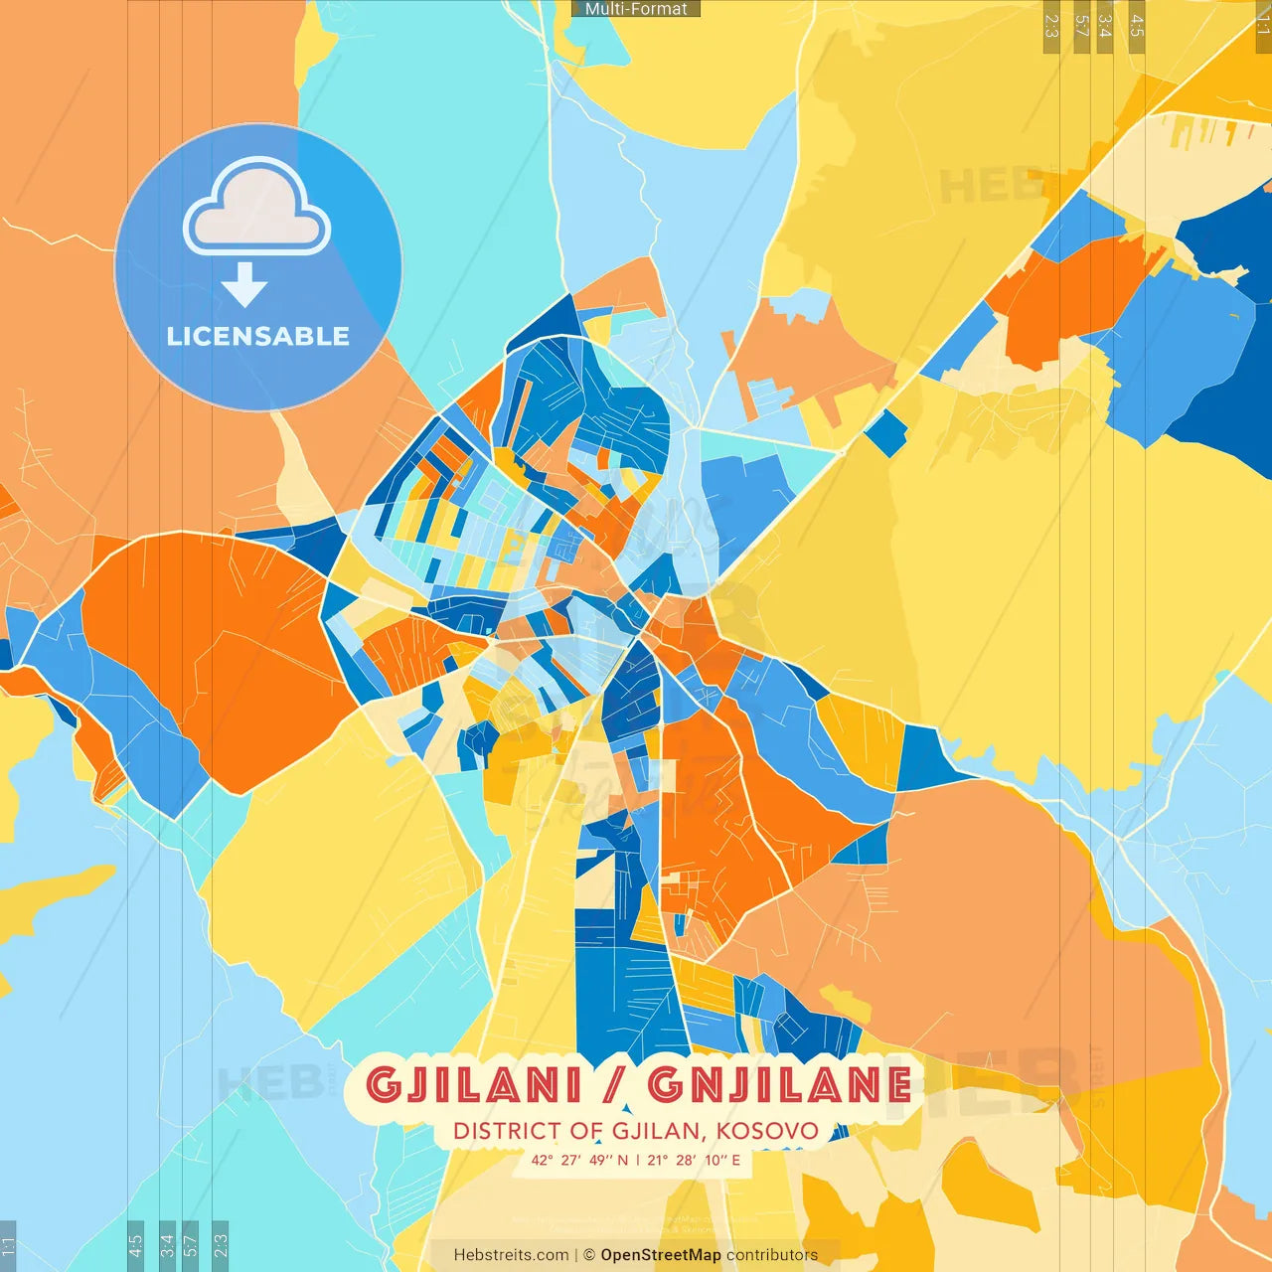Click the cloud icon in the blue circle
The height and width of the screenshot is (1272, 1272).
tap(256, 208)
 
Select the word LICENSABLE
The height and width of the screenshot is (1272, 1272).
tap(258, 337)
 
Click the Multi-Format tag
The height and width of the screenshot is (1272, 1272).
tap(636, 9)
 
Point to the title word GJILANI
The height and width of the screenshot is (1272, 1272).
tap(474, 1085)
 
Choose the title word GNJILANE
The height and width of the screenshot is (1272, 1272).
tap(779, 1085)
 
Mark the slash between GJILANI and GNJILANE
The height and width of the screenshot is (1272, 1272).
tap(615, 1085)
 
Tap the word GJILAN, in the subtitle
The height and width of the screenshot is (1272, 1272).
tap(657, 1131)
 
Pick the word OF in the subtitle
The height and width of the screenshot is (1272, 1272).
tap(586, 1131)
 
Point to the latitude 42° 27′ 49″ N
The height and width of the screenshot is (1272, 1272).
tap(579, 1160)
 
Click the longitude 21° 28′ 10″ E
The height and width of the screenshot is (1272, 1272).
tap(694, 1160)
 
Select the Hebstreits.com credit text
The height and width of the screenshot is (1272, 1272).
tap(511, 1255)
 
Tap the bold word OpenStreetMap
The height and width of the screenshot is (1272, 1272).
tap(661, 1255)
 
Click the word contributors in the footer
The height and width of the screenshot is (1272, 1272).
tap(772, 1255)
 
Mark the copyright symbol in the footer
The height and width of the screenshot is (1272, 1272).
tap(589, 1255)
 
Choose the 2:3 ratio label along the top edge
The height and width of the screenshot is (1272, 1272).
tap(1051, 26)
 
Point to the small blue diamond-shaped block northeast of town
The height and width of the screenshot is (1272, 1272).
tap(885, 433)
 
